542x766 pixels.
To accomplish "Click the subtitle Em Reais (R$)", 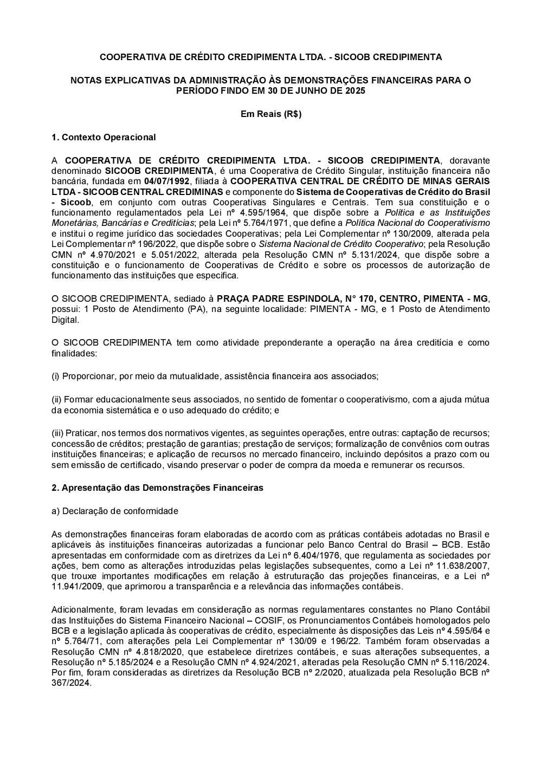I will click(270, 114).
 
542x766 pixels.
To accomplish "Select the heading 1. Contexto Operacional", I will click(103, 137).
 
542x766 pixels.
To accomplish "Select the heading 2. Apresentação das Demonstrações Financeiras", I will click(157, 488).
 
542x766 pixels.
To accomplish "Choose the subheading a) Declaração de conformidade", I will click(114, 511).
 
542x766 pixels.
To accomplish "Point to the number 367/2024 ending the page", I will click(70, 683).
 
